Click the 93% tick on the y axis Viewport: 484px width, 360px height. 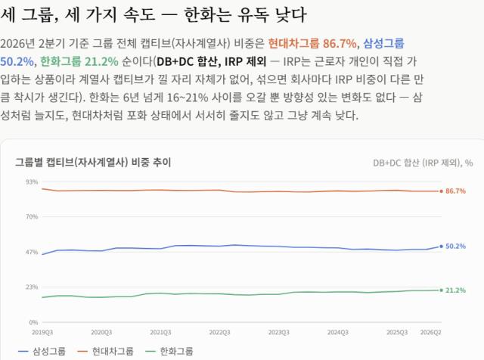tap(32, 182)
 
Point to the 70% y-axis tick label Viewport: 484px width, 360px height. tap(32, 217)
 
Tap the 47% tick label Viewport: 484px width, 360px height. tap(32, 253)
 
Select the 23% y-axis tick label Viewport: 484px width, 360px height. tap(32, 287)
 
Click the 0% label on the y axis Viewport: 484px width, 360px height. tap(33, 322)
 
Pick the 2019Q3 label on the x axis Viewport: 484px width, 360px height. tap(42, 332)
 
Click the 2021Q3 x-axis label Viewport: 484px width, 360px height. tap(160, 332)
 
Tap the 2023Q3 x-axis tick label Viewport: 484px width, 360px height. tap(279, 332)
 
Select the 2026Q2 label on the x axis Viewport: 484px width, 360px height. tap(430, 332)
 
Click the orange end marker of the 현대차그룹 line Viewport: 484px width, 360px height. tap(442, 191)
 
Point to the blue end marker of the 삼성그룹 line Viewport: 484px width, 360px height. tap(442, 247)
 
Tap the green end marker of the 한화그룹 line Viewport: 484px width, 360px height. tap(442, 290)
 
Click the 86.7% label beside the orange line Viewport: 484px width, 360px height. tap(455, 191)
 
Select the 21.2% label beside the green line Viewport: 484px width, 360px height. tap(455, 290)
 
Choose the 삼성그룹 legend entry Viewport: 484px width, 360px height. tap(42, 352)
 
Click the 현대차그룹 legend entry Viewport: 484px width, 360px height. tap(105, 352)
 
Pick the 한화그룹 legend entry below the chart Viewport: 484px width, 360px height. tap(169, 352)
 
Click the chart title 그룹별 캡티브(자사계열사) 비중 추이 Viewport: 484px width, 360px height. tap(93, 162)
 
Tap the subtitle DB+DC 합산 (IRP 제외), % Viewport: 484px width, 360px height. tap(423, 163)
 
